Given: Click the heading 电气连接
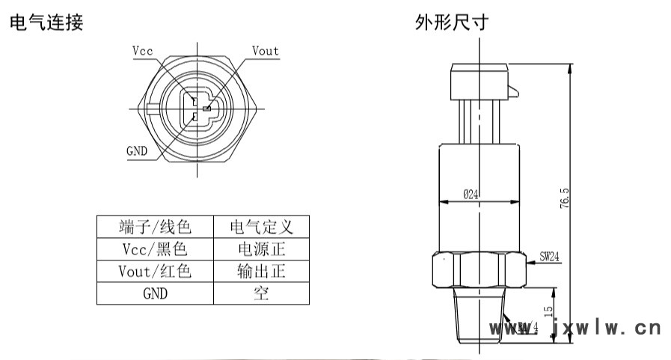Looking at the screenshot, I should (46, 22).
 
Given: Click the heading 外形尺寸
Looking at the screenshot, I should (453, 22).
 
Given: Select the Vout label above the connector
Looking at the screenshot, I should (265, 51).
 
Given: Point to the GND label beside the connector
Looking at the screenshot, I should (136, 150).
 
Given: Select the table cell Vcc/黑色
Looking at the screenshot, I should (155, 248).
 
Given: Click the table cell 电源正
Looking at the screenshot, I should (261, 248).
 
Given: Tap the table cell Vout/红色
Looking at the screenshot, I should (155, 271).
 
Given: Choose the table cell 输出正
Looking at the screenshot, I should (261, 271).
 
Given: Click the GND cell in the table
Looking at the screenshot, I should (155, 293).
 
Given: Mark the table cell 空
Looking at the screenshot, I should (261, 293).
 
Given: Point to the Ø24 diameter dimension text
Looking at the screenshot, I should (471, 195).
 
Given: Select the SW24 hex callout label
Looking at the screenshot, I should (550, 256).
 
